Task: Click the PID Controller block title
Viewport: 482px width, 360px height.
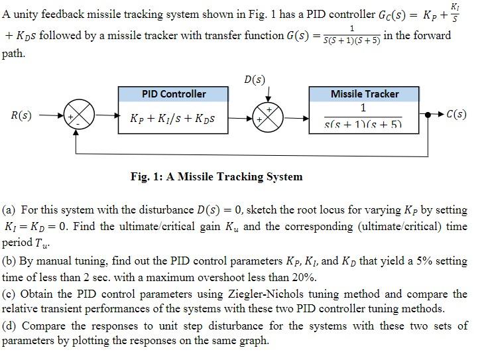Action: [174, 95]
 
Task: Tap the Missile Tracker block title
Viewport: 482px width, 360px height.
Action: [365, 95]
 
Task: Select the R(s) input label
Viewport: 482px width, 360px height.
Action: [22, 115]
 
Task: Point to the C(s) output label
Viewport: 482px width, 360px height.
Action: [456, 114]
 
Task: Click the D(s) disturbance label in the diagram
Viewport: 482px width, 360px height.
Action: [255, 80]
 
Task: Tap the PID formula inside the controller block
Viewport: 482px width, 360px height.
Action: [174, 119]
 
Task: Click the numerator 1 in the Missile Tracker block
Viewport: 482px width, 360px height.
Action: [363, 107]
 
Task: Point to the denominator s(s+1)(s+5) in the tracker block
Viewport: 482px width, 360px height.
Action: [364, 124]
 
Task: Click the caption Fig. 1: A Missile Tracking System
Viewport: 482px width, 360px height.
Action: [216, 176]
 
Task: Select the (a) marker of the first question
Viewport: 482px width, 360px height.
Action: [9, 210]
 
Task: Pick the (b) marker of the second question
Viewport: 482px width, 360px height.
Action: [9, 261]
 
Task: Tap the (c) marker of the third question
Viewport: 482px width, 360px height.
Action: [9, 293]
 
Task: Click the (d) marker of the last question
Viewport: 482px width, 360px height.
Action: [9, 326]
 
